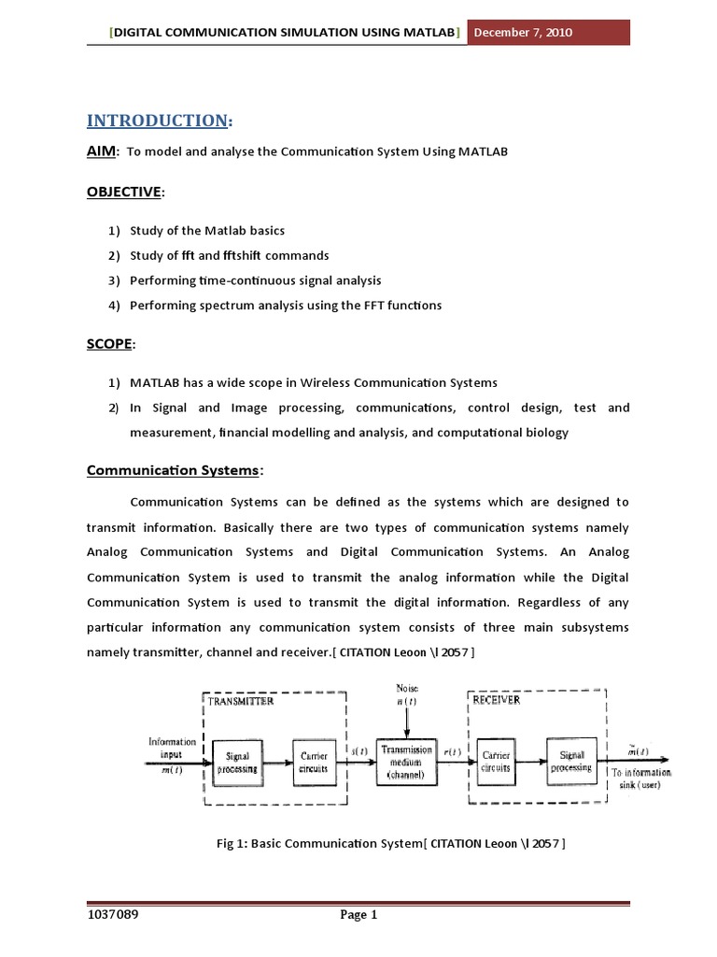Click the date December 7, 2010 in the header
coord(523,33)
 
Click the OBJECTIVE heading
coord(124,192)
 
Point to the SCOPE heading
coord(109,344)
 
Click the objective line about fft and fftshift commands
coord(229,255)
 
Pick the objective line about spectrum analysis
coord(285,305)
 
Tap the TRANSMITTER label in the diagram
coord(241,701)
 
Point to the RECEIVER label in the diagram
coord(497,699)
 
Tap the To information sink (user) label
coord(640,778)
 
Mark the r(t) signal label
coord(451,751)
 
